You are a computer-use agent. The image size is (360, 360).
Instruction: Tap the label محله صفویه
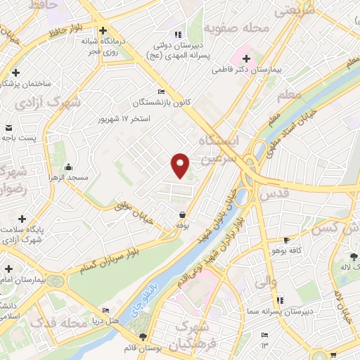236,29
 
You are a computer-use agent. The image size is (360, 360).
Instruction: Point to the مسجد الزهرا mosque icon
68,167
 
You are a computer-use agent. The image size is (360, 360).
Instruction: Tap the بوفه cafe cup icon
183,214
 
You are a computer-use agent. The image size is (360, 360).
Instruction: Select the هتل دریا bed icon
106,310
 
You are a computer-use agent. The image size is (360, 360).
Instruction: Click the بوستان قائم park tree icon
143,338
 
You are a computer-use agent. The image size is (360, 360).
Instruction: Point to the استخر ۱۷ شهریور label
124,119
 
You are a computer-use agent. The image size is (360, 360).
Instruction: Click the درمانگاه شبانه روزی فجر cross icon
103,31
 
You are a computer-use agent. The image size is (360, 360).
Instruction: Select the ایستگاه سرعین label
219,150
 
